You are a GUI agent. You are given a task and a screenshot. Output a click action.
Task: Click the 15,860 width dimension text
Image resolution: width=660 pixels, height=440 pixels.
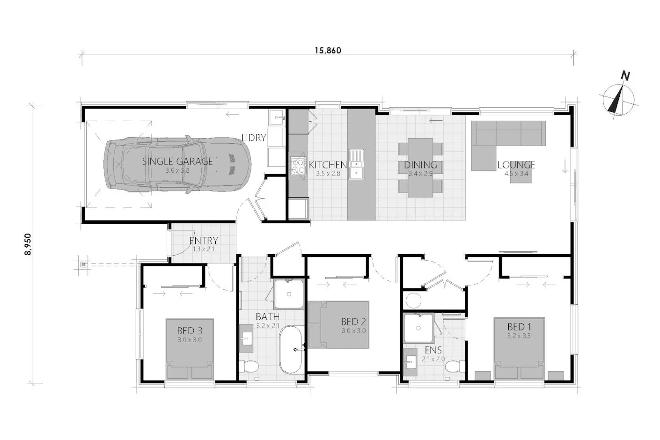[x=328, y=51]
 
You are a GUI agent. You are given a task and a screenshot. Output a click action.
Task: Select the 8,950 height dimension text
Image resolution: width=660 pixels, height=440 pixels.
[x=28, y=244]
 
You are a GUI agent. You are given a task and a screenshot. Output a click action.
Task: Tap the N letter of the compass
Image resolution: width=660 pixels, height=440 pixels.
[x=625, y=76]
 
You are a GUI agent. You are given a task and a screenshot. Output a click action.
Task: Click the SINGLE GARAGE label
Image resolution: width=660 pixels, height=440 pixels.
[x=177, y=161]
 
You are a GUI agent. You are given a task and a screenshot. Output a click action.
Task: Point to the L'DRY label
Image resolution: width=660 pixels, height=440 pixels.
[x=254, y=138]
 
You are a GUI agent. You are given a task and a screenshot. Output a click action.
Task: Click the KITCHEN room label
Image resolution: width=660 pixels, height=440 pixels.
[x=328, y=164]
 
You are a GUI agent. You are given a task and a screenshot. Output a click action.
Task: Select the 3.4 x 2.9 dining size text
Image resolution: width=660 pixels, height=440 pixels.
[x=420, y=174]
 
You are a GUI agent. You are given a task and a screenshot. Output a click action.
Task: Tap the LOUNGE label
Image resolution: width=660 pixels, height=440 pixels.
[x=516, y=165]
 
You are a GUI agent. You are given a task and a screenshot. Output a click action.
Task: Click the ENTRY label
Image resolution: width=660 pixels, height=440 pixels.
[x=204, y=241]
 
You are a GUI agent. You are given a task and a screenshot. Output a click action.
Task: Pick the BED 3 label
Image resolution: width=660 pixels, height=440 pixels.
[x=190, y=330]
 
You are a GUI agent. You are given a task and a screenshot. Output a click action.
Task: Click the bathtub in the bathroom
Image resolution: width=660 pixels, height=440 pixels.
[x=291, y=350]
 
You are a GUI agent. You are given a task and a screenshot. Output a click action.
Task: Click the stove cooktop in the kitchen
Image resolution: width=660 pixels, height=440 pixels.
[x=297, y=166]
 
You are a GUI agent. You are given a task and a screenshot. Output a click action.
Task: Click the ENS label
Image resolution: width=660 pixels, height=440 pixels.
[x=433, y=350]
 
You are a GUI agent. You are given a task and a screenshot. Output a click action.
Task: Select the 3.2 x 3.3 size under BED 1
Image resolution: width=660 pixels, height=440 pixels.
[x=519, y=336]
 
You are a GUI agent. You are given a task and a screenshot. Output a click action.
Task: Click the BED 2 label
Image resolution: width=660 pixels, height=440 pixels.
[x=353, y=322]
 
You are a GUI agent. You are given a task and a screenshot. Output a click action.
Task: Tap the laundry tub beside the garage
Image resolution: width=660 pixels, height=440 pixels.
[x=277, y=117]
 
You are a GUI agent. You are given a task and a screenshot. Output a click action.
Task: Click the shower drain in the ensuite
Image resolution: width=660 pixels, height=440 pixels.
[x=418, y=328]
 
